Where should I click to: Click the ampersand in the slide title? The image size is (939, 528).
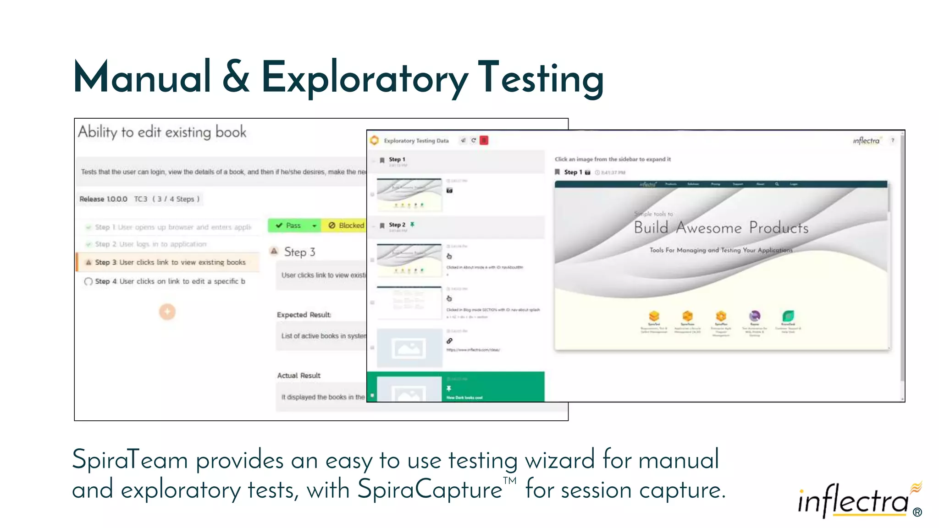[236, 77]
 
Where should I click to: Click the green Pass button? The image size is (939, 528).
[289, 225]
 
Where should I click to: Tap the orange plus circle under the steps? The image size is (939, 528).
[167, 312]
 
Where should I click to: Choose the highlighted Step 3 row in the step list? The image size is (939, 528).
[170, 262]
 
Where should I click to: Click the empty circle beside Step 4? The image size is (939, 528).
[88, 281]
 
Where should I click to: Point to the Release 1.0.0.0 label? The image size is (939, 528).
[103, 199]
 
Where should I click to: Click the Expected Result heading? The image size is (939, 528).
[304, 315]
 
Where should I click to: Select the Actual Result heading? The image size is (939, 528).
[298, 375]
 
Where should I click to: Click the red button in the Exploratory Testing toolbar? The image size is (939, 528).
[484, 140]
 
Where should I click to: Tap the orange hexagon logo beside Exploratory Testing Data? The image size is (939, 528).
[375, 140]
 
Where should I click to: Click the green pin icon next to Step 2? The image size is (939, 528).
[412, 225]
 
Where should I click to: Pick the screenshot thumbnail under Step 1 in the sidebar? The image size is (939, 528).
[409, 194]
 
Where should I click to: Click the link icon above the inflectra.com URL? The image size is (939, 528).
[449, 341]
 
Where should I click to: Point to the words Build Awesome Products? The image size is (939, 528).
[721, 228]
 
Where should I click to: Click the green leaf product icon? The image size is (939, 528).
[788, 316]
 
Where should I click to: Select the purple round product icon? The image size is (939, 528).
[754, 316]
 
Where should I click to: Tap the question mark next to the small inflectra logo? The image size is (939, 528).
[892, 140]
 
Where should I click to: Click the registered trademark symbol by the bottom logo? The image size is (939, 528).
[917, 512]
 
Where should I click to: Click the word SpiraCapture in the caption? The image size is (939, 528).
[430, 489]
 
